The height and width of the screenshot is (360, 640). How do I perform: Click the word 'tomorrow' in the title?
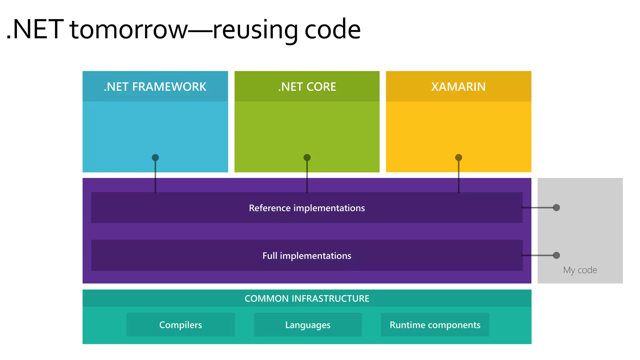[128, 30]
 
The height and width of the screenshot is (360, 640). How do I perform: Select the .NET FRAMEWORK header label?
[155, 87]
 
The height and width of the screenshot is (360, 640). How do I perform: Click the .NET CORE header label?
[307, 87]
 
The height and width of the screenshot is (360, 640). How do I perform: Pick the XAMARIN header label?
[458, 87]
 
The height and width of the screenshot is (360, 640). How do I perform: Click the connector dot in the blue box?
[155, 157]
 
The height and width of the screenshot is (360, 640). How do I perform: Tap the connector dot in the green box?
[307, 157]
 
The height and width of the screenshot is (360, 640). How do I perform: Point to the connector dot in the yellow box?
[458, 157]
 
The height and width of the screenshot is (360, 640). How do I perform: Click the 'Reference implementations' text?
[307, 208]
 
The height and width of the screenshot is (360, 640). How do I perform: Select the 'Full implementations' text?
[307, 256]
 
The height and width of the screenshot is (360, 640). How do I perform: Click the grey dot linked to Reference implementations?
[556, 207]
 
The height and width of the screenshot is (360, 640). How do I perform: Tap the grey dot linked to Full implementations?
[556, 255]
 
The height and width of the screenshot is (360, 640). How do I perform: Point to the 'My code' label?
[580, 270]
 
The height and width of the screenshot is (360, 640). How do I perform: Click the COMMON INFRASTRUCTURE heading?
[307, 298]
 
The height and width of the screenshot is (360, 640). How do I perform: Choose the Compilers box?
[180, 325]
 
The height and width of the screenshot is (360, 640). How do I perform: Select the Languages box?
[307, 325]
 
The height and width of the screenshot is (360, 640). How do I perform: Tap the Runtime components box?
[435, 325]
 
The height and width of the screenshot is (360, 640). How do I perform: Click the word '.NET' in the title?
[34, 30]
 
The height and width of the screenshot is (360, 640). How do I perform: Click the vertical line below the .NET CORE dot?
[307, 178]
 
